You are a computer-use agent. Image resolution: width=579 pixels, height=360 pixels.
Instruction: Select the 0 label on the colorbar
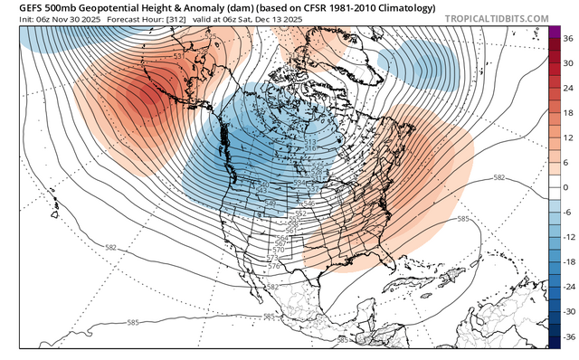(565, 186)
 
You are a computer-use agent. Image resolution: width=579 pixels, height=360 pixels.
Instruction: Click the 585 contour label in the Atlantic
(461, 219)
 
